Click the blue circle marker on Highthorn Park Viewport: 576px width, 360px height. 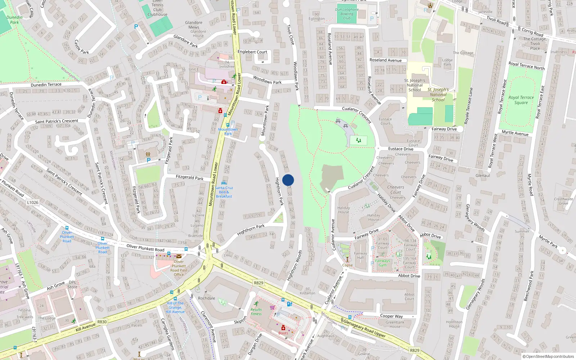click(288, 180)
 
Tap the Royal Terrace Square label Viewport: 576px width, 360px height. click(521, 100)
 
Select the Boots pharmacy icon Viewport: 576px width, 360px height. click(283, 328)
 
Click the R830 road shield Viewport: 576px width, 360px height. click(102, 322)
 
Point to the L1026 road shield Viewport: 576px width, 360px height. click(32, 202)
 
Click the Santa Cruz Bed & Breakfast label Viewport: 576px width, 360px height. click(224, 192)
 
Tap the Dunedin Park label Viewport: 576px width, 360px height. click(14, 20)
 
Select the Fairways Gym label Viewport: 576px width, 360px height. click(382, 263)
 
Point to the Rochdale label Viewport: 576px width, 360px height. click(206, 298)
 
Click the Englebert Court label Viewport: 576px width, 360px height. click(252, 52)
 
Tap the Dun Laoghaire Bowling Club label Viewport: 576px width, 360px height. click(347, 14)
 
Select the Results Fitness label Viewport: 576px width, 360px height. click(256, 311)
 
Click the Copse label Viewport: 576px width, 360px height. click(347, 265)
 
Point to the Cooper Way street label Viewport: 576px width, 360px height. click(391, 316)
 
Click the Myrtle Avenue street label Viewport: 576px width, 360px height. click(515, 133)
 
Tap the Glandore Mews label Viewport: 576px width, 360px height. click(194, 25)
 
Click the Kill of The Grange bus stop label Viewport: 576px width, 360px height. click(175, 307)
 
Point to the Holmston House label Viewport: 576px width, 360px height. click(454, 324)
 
